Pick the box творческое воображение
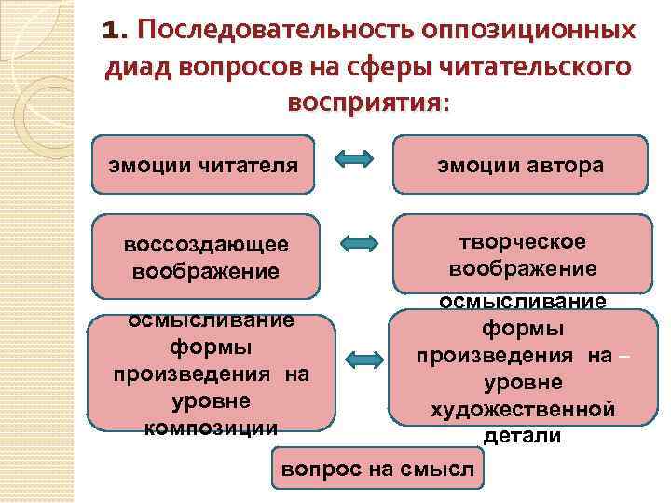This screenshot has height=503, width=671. click(x=522, y=254)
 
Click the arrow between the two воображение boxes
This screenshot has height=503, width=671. click(x=358, y=244)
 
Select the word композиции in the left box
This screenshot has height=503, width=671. click(x=212, y=427)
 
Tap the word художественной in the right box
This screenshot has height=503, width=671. click(x=522, y=409)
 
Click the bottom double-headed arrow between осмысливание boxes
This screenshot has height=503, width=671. click(x=364, y=359)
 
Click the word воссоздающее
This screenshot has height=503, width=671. click(x=205, y=245)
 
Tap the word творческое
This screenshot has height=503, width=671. click(x=523, y=241)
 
